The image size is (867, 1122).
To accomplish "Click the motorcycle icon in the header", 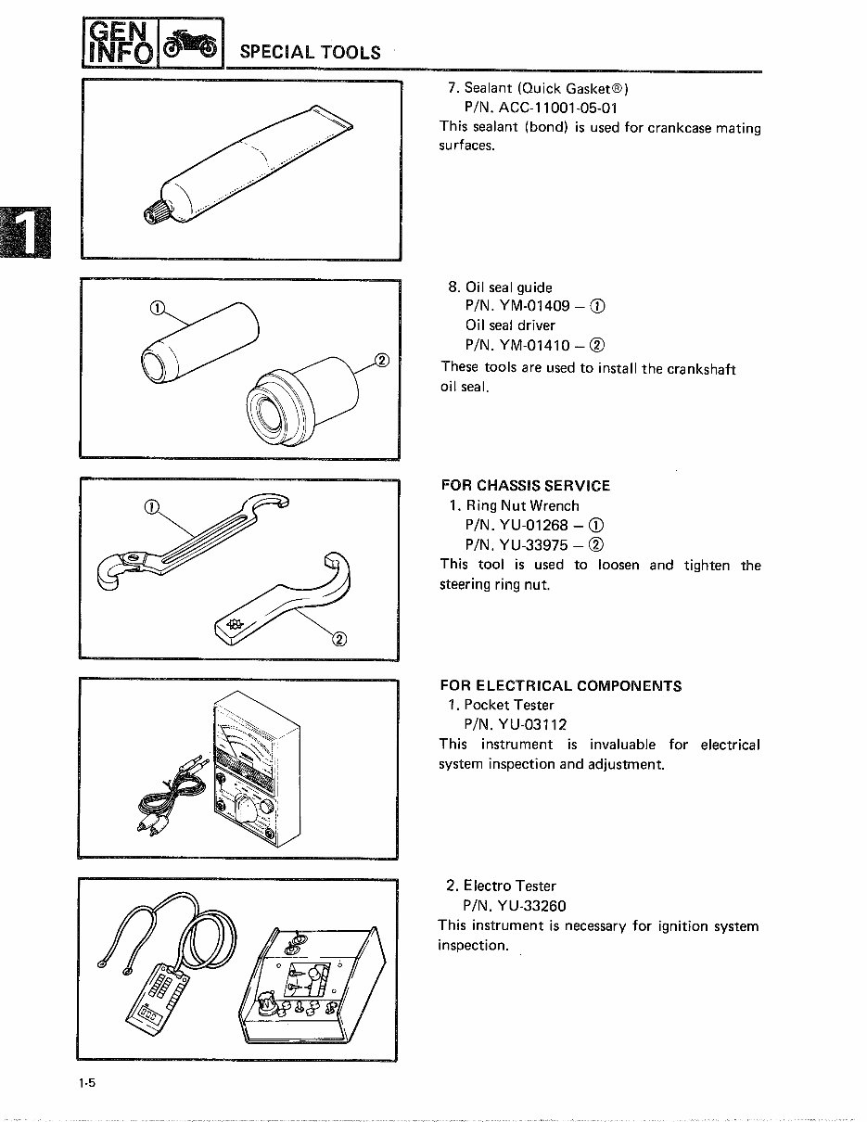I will pyautogui.click(x=192, y=44).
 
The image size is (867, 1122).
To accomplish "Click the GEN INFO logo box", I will pyautogui.click(x=121, y=44).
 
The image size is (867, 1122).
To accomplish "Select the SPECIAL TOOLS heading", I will pyautogui.click(x=310, y=53).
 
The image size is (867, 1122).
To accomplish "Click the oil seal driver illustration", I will pyautogui.click(x=300, y=399).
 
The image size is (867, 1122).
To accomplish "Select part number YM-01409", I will pyautogui.click(x=534, y=307).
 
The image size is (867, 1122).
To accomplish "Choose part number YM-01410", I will pyautogui.click(x=534, y=346).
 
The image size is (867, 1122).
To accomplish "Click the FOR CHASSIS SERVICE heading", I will pyautogui.click(x=525, y=486).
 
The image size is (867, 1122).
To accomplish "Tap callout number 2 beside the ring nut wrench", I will pyautogui.click(x=339, y=638).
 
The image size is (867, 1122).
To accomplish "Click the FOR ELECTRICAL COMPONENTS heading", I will pyautogui.click(x=560, y=686).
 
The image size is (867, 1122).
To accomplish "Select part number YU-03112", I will pyautogui.click(x=515, y=725).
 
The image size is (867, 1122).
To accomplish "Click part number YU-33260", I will pyautogui.click(x=515, y=906).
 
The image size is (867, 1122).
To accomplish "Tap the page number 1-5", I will pyautogui.click(x=88, y=1084).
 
